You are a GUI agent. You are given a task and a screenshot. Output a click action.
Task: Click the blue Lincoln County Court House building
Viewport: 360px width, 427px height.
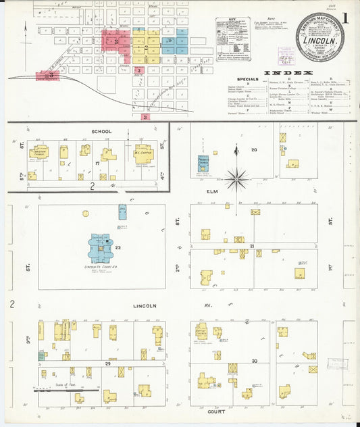click(x=100, y=247)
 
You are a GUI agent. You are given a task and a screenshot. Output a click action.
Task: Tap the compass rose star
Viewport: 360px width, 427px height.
click(x=236, y=179)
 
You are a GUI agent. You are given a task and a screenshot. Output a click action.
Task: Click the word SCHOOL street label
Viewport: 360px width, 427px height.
click(x=101, y=131)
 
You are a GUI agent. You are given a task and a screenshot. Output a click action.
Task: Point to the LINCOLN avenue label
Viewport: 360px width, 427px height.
click(x=143, y=305)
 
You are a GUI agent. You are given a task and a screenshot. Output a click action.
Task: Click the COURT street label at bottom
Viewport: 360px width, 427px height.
click(x=217, y=411)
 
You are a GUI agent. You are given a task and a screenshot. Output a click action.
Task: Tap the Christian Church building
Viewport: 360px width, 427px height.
click(x=38, y=153)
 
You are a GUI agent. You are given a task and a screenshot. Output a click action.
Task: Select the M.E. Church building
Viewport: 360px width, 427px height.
click(x=143, y=153)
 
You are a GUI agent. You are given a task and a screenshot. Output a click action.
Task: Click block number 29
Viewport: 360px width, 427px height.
click(x=107, y=363)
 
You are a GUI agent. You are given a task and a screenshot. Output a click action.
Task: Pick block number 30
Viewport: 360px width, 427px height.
click(x=254, y=361)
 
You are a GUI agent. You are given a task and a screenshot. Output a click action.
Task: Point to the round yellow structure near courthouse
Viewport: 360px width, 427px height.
click(x=86, y=214)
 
